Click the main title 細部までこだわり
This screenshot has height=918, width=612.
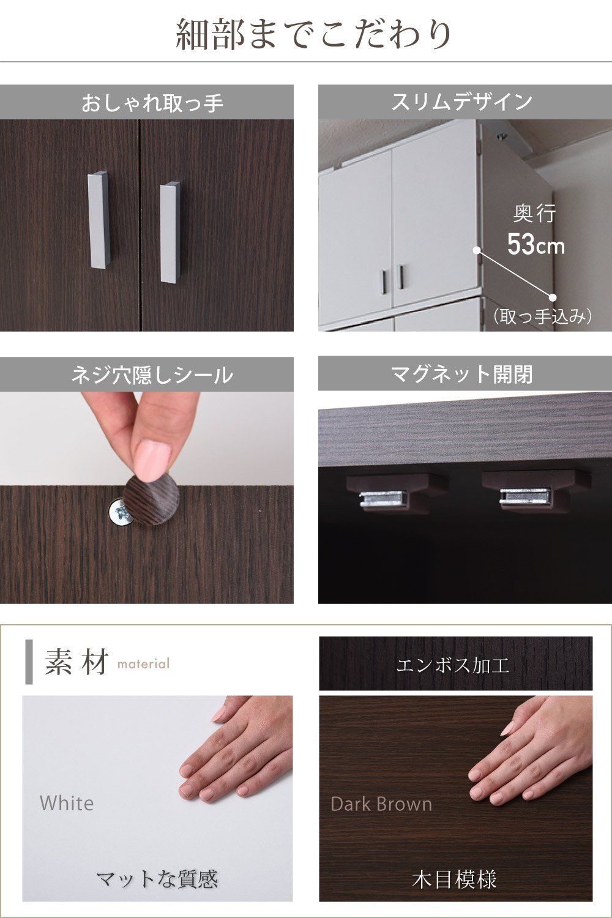pos(314,35)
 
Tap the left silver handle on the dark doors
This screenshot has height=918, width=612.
pos(98,220)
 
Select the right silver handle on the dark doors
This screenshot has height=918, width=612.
pos(170,232)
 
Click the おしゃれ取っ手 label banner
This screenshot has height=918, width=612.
pos(147,102)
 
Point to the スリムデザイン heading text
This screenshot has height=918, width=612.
pos(462,102)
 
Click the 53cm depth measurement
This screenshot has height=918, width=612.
pos(535,245)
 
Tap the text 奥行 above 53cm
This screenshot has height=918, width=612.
pos(534,213)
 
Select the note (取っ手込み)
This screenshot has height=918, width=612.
pos(542,316)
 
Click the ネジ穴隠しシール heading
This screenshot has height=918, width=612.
pos(152,375)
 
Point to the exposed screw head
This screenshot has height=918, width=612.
pos(119,510)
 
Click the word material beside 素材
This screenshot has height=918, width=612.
pos(143,663)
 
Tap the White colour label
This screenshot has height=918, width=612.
pos(67,803)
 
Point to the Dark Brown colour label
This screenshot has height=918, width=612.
pos(381,804)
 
